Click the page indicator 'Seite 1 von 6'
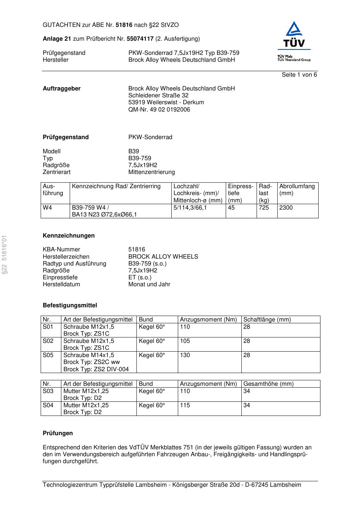pos(299,75)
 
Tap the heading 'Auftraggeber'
pos(62,89)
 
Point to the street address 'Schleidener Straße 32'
pos(158,96)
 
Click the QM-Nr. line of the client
pos(159,110)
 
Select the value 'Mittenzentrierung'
pos(151,172)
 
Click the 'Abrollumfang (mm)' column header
pos(297,190)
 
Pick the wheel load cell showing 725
pos(264,208)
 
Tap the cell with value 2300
pos(286,208)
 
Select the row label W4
pos(48,208)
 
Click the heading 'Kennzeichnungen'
pos(69,236)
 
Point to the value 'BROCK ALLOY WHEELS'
pos(163,257)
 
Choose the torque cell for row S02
pos(185,341)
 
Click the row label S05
pos(48,355)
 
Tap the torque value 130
pos(185,355)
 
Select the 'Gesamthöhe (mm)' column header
pos(268,384)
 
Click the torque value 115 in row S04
pos(185,405)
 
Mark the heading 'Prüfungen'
pos(58,433)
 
